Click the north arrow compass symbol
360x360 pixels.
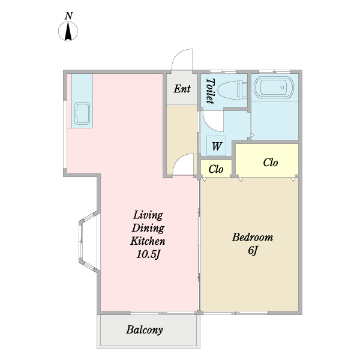[x=68, y=31]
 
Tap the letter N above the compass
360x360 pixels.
[x=68, y=16]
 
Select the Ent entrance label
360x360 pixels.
[x=182, y=89]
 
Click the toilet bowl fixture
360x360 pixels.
[x=232, y=90]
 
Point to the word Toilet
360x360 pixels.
[x=210, y=91]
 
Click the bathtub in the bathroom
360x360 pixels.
[x=274, y=88]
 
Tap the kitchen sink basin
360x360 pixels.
[x=82, y=113]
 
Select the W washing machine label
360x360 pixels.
[x=217, y=146]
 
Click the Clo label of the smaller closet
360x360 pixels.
[x=216, y=169]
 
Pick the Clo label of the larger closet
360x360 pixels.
[x=271, y=163]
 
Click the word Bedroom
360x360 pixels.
[x=253, y=237]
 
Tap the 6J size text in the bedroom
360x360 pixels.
[x=253, y=250]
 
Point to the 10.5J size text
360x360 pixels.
[x=148, y=254]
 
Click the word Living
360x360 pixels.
[x=148, y=215]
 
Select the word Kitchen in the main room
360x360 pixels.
[x=148, y=241]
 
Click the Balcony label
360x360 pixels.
[x=145, y=330]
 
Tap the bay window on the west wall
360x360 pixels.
[x=89, y=241]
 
